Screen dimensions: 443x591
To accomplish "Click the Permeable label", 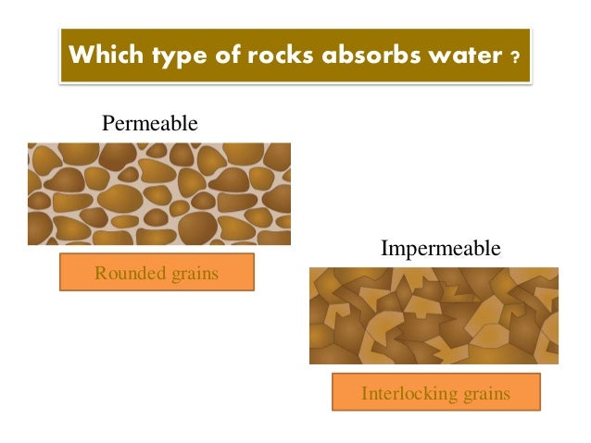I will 150,123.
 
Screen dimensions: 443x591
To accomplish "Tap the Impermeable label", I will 440,249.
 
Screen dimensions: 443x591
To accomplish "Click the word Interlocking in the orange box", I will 404,393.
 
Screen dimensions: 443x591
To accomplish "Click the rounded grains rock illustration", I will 158,193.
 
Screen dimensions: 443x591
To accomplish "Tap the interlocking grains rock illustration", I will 434,314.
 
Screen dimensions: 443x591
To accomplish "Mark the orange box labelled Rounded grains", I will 157,272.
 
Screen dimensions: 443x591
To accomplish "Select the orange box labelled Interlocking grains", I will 435,393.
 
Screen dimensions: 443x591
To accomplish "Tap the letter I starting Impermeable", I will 384,249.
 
